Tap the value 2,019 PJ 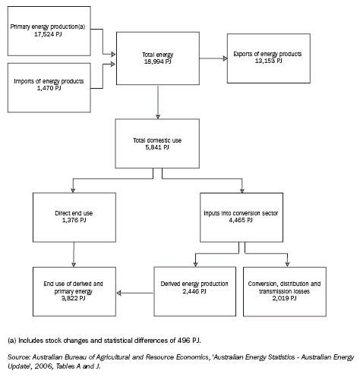[289, 298]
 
